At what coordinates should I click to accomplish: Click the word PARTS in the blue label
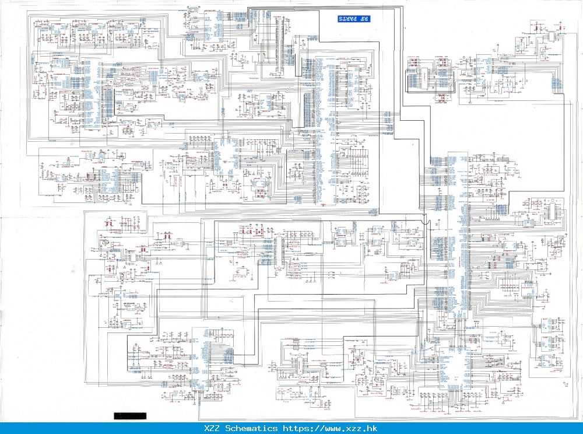point(349,19)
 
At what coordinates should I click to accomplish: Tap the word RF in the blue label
point(364,19)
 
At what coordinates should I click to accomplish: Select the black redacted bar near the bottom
point(131,416)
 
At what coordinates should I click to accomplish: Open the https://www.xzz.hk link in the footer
point(330,429)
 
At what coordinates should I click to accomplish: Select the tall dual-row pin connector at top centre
point(285,44)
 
